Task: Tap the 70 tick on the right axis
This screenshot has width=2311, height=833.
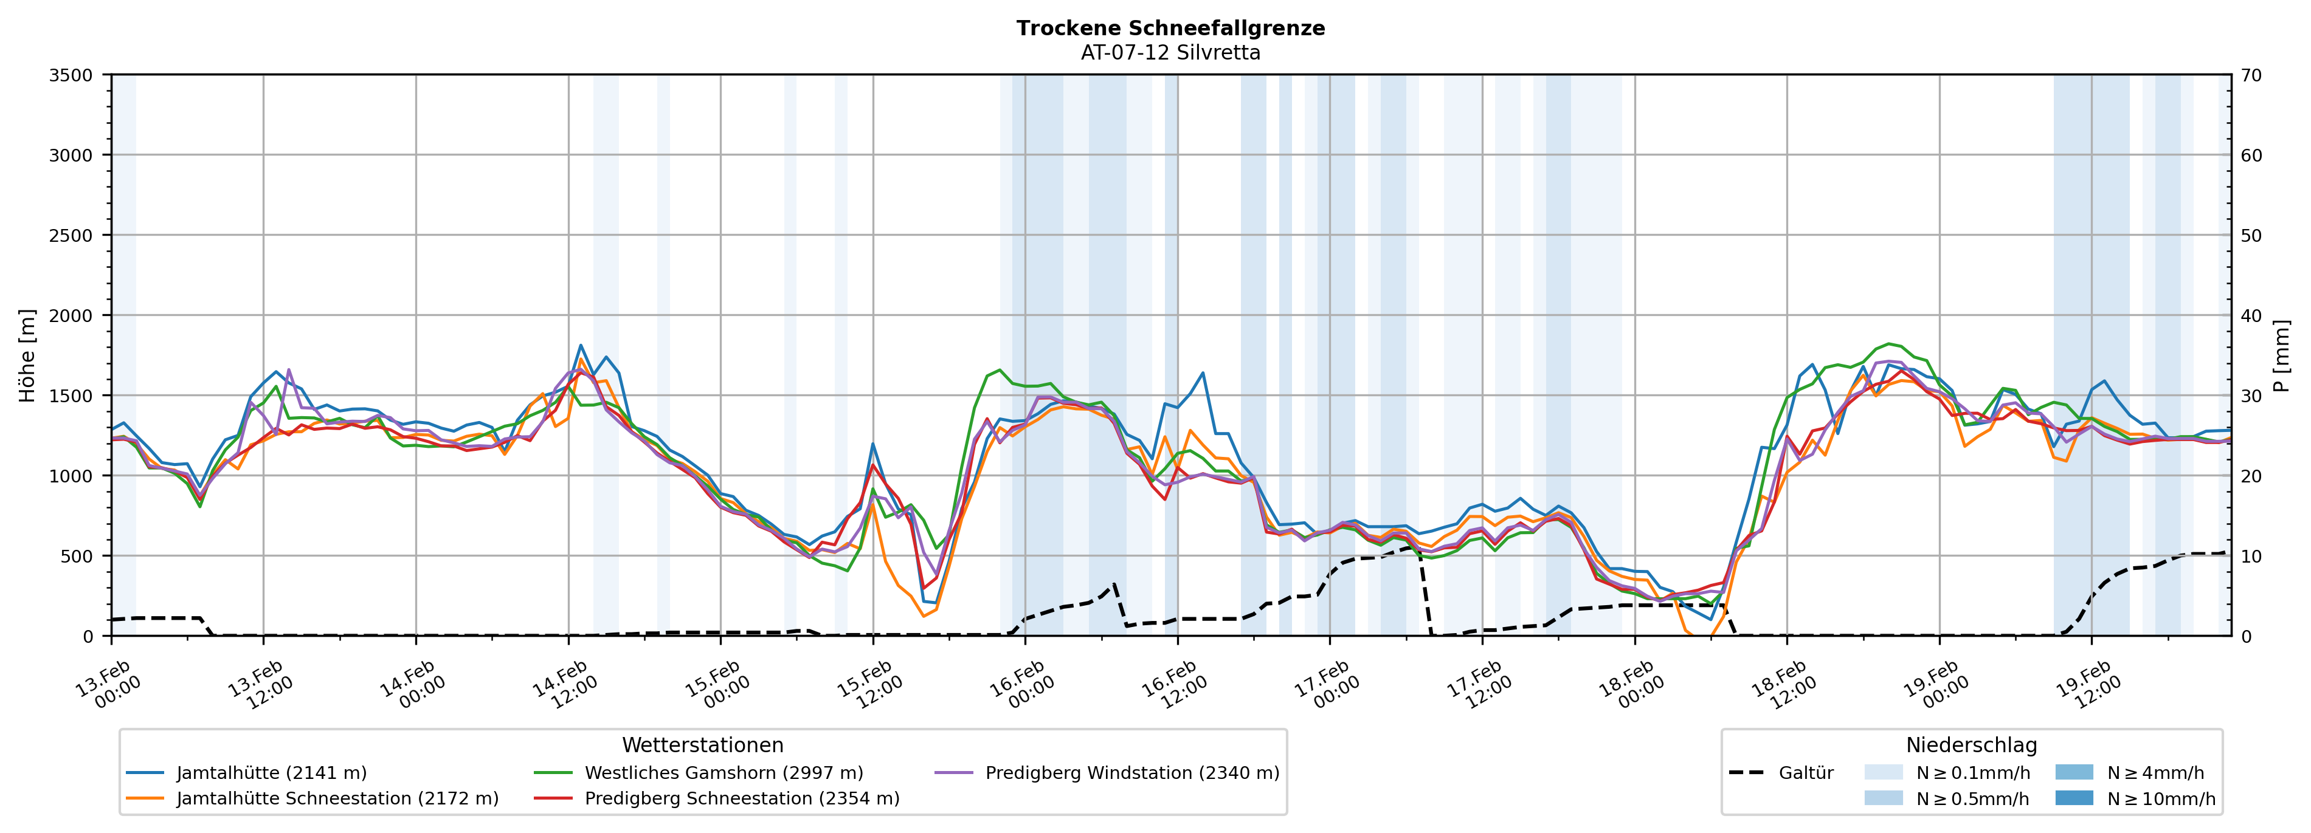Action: (x=2251, y=75)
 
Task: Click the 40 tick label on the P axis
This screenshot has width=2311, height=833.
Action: (x=2251, y=315)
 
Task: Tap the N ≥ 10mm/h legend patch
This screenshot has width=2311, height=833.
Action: (x=2073, y=798)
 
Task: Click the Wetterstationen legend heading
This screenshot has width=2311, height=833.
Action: (x=702, y=745)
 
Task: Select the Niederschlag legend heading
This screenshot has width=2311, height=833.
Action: (x=1971, y=745)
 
